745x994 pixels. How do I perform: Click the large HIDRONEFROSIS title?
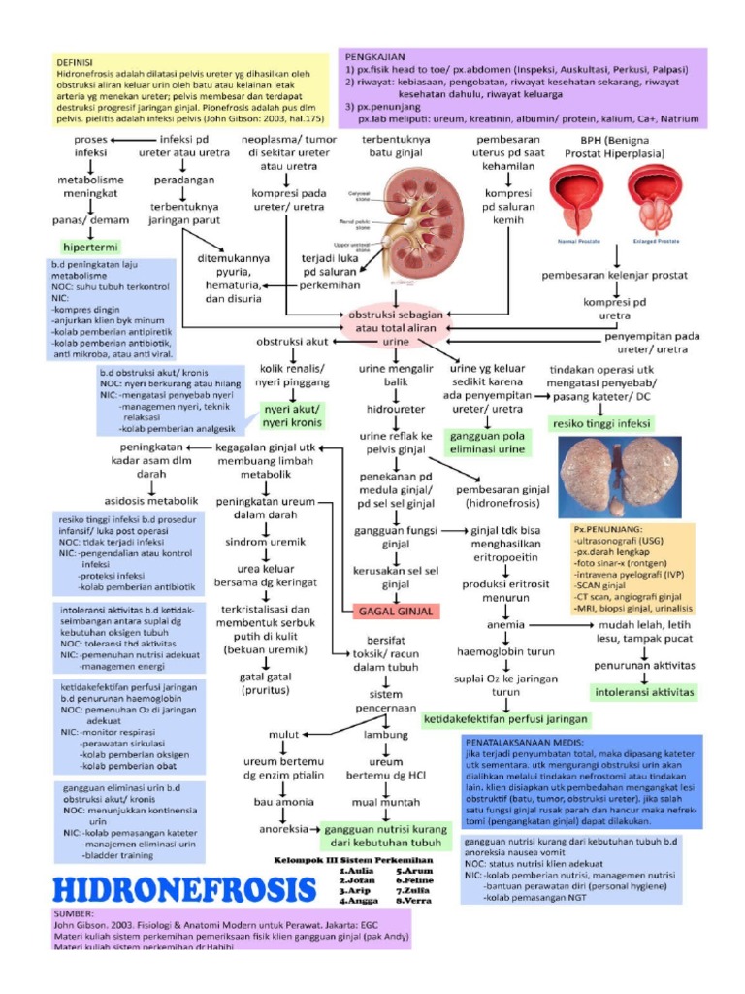tap(184, 888)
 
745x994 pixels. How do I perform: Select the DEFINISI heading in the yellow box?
tap(77, 61)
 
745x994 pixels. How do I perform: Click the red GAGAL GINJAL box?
tap(395, 611)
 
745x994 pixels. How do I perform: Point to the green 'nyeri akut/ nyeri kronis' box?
tap(291, 415)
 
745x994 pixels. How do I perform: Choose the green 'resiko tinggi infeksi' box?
tap(600, 424)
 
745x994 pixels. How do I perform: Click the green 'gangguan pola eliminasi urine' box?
tap(486, 443)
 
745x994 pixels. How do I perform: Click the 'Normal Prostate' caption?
tap(578, 240)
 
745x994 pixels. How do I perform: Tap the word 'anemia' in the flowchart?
tap(505, 625)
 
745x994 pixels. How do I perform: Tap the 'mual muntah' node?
tap(385, 803)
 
